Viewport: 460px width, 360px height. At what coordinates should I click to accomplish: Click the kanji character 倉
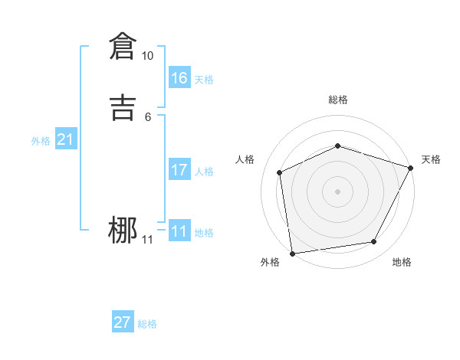123,47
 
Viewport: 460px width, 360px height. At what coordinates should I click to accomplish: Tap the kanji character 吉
123,107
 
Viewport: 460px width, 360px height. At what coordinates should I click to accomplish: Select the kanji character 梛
123,231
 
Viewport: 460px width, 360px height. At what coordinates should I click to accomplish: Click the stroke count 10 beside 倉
147,56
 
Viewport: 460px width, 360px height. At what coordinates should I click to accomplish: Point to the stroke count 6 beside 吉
147,116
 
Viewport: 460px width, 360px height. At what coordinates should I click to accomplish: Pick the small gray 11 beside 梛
147,241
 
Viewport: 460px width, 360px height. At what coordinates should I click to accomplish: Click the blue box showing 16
179,77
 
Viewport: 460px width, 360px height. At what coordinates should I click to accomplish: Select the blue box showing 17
179,170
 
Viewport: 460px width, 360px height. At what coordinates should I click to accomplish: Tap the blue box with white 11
179,231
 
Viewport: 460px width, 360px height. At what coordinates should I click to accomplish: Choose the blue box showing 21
65,139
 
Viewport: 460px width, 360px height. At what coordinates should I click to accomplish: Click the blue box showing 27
123,322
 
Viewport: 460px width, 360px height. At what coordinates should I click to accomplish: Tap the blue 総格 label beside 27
147,324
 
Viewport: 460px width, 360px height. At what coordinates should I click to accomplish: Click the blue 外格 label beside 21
41,141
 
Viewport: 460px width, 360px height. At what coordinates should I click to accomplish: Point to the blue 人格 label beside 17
204,172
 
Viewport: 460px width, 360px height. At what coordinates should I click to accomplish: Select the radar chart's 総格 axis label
337,100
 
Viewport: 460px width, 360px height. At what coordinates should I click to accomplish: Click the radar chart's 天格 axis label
431,159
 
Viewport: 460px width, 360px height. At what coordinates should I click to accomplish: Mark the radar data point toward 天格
411,168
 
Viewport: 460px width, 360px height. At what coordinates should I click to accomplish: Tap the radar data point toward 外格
292,253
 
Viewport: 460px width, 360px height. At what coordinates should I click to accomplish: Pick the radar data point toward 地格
374,242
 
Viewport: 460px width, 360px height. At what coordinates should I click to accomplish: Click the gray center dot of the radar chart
337,191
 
